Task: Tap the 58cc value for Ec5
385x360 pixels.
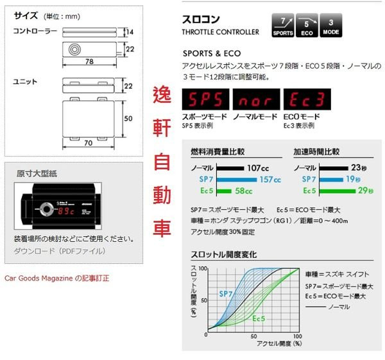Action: coord(243,191)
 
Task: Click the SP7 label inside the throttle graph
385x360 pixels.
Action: coord(225,293)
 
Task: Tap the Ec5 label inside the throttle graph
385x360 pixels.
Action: coord(259,318)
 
